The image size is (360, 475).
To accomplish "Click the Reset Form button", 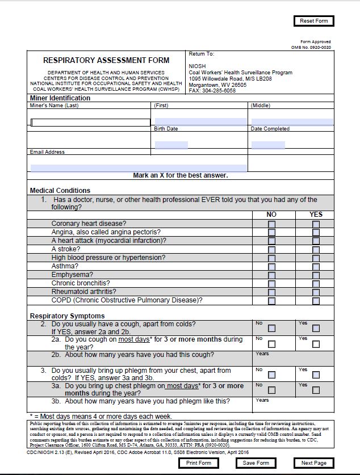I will pos(314,21).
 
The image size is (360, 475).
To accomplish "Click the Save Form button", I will pos(256,463).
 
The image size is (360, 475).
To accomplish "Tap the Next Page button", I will pos(314,463).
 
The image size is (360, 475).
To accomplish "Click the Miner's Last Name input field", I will pos(91,122).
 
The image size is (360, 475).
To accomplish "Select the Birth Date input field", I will pos(171,145).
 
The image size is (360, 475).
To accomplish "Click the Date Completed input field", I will pos(268,145).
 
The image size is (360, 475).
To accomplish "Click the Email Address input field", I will pos(139,168).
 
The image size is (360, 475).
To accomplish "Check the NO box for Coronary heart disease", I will pos(272,224).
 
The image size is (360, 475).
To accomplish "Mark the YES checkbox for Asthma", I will pos(316,267).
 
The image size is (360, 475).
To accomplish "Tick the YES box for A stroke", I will pos(316,250).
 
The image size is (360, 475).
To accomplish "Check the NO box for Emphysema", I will pos(272,275).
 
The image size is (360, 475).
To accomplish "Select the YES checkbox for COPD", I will pos(316,301).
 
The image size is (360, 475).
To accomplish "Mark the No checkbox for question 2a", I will pos(272,344).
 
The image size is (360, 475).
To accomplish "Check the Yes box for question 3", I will pos(316,375).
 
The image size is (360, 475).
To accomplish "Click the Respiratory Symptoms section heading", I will pos(68,316).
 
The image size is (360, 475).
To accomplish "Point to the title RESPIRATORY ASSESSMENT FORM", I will pos(106,60).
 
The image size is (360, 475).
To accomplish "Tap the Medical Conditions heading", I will pos(60,191).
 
